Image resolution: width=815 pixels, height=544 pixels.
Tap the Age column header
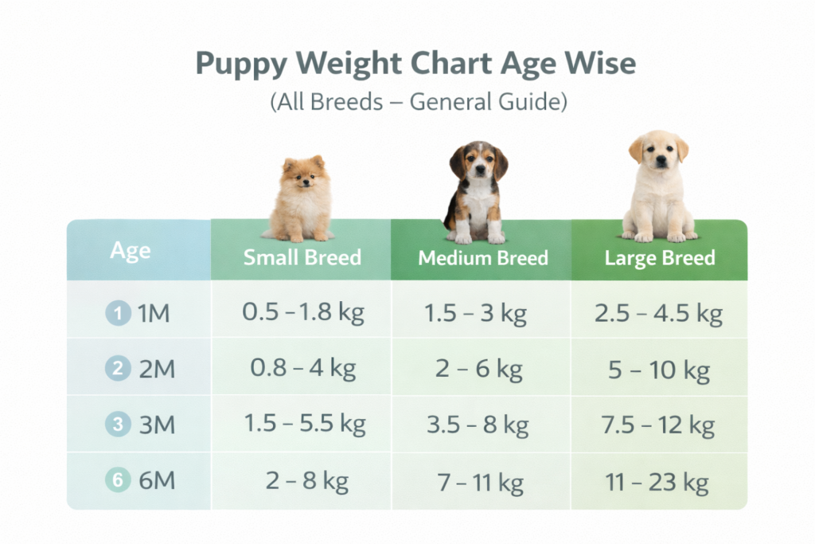click(131, 251)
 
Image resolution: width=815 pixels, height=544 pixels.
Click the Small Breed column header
click(302, 257)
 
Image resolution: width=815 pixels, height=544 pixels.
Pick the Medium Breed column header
click(482, 258)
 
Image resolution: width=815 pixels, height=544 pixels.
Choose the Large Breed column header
click(659, 258)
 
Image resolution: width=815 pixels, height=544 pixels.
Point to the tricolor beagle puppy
click(478, 194)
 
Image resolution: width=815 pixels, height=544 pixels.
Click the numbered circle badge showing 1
click(118, 314)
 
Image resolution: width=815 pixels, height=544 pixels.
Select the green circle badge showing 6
click(118, 480)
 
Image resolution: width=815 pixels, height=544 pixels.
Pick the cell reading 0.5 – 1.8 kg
click(302, 313)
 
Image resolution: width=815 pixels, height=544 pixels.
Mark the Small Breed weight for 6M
click(306, 481)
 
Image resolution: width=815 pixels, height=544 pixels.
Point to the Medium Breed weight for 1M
click(476, 314)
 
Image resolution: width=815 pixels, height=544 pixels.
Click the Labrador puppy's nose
click(660, 162)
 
